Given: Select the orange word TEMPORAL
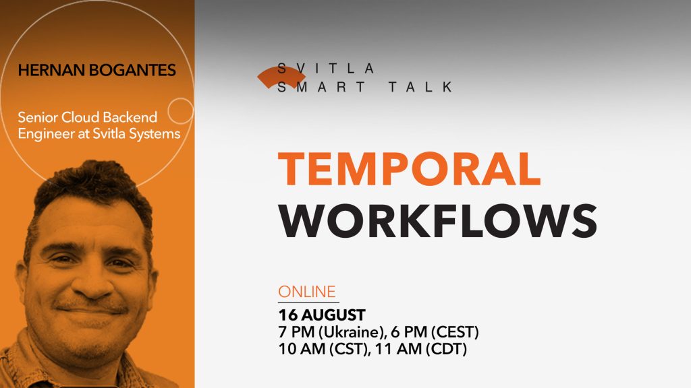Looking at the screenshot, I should (x=409, y=169).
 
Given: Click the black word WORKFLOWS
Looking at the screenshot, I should (x=438, y=220).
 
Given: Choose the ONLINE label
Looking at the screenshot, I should (x=306, y=292).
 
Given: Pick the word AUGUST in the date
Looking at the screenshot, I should (x=333, y=315).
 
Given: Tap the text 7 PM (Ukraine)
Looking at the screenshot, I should (x=328, y=332).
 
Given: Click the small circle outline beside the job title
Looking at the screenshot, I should (x=180, y=110).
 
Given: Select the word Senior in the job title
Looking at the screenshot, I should (x=38, y=118).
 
